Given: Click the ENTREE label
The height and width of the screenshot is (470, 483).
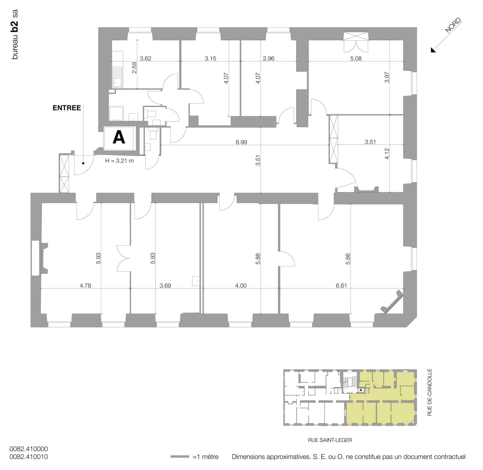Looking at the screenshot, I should click(x=67, y=108).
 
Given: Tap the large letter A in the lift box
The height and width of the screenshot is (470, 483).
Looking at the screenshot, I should click(x=119, y=137).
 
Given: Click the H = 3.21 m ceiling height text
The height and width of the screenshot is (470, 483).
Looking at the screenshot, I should click(x=119, y=161).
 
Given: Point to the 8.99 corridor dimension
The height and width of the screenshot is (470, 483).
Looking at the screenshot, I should click(x=241, y=142).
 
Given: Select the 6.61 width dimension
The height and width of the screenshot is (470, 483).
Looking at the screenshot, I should click(x=341, y=286).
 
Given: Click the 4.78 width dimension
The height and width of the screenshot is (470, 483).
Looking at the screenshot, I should click(x=85, y=286).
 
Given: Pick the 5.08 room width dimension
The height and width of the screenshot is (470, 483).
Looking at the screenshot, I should click(x=356, y=58).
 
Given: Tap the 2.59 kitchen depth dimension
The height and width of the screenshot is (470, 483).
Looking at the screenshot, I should click(x=134, y=68).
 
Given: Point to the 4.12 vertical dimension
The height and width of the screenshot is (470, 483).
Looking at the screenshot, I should click(x=387, y=154).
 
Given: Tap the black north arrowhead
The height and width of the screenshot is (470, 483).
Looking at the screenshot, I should click(x=433, y=50).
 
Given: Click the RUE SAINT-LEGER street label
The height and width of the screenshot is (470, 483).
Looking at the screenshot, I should click(x=330, y=440).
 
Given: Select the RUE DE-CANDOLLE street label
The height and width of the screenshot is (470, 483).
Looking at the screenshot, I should click(x=430, y=392).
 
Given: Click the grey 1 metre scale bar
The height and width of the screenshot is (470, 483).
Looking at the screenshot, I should click(x=180, y=457).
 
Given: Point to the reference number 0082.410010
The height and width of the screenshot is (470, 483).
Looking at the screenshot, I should click(x=29, y=457).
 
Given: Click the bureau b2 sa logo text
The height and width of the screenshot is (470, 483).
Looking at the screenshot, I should click(x=15, y=35).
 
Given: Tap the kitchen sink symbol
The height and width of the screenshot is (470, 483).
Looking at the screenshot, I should click(x=117, y=77).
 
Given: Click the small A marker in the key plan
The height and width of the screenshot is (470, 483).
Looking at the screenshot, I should click(x=361, y=390).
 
